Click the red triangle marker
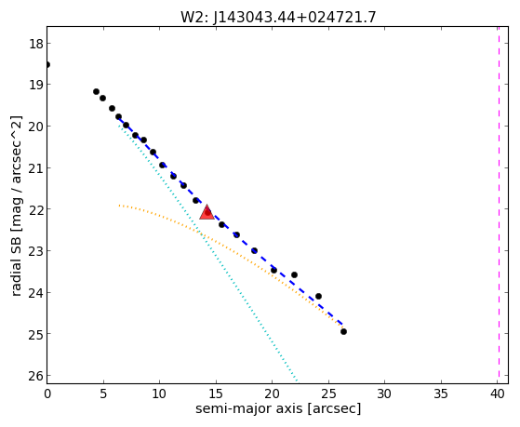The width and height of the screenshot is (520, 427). pos(207,212)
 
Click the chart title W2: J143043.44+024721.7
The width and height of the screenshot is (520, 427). pos(278,17)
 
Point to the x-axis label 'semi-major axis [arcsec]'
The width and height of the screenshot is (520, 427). pos(278,408)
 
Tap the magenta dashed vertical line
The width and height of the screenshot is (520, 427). pos(499,205)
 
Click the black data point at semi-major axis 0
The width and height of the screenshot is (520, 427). pos(47,64)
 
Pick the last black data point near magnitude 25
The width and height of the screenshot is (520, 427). pos(343,331)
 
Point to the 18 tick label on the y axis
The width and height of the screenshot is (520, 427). pos(35,44)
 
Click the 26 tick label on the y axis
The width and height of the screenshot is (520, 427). pos(35,376)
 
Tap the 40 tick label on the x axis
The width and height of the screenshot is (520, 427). pos(497,394)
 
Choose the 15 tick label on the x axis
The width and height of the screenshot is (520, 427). pos(216,394)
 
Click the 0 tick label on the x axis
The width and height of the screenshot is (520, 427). pos(47,394)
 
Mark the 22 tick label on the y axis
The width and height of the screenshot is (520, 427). pos(35,209)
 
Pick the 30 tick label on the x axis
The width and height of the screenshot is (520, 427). pos(385,394)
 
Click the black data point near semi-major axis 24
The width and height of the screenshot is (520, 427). pos(318,296)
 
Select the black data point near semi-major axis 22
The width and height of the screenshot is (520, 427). pos(294,274)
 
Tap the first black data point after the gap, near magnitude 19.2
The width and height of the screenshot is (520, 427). pos(96,91)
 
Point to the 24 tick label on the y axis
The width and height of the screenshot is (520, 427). pos(35,293)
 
